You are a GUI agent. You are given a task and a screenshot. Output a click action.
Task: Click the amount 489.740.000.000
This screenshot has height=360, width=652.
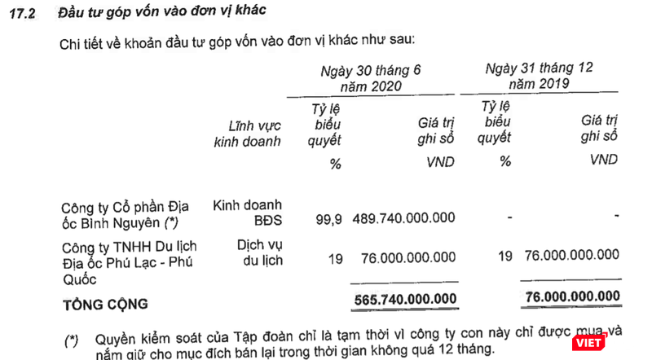pyautogui.click(x=404, y=219)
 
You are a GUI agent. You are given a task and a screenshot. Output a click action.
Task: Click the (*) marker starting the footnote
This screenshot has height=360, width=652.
pyautogui.click(x=73, y=337)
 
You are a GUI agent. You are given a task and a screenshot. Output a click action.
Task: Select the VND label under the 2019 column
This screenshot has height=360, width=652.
pyautogui.click(x=603, y=160)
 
